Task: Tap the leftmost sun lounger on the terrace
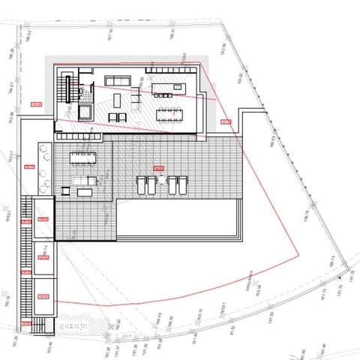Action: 142,184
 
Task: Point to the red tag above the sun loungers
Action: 157,167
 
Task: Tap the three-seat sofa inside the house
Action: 117,80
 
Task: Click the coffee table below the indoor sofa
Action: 118,116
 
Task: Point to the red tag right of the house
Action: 224,121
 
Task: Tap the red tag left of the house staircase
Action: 34,103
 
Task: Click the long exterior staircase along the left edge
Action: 28,255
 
